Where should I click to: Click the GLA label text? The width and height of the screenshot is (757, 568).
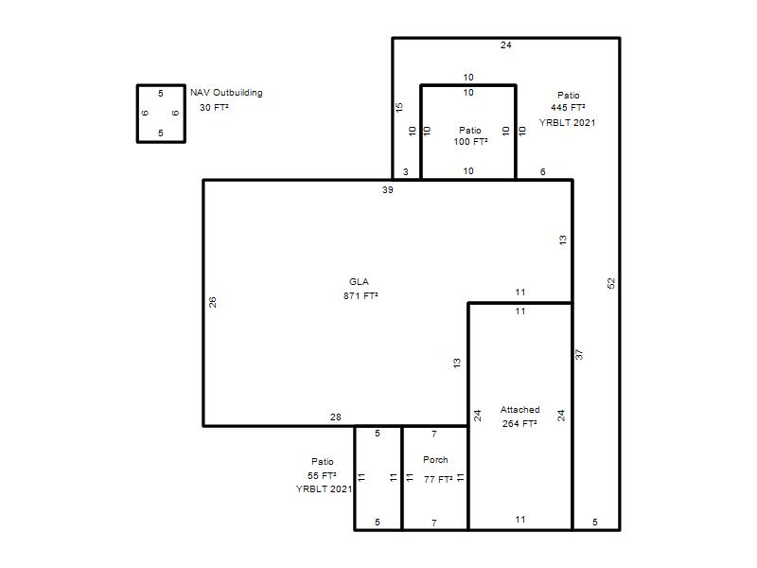click(359, 281)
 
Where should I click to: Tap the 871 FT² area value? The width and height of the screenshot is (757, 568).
click(361, 295)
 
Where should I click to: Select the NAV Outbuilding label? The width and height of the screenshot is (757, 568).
click(226, 92)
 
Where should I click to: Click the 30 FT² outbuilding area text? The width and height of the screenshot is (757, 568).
click(214, 107)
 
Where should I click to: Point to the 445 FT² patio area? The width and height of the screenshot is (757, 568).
click(569, 107)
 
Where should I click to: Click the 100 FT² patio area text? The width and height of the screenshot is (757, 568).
click(470, 141)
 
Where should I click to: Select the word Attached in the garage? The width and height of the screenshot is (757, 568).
click(519, 410)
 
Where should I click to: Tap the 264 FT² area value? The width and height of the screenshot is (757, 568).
click(519, 423)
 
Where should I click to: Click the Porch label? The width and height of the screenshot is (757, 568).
click(435, 460)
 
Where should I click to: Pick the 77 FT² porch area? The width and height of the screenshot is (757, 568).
click(438, 479)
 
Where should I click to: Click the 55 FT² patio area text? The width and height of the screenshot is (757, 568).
click(322, 476)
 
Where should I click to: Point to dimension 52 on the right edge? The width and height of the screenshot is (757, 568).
click(611, 283)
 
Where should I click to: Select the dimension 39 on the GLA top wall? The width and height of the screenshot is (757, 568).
click(388, 190)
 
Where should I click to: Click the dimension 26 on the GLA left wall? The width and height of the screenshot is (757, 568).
click(212, 302)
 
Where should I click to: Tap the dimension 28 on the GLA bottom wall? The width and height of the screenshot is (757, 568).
click(336, 417)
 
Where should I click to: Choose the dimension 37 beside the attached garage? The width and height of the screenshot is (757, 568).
click(579, 354)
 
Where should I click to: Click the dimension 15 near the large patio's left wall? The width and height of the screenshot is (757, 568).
click(398, 107)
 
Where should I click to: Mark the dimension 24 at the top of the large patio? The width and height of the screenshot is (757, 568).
click(506, 44)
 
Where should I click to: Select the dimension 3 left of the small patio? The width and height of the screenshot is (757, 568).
click(406, 171)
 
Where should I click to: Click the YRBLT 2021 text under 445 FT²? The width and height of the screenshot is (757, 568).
click(567, 123)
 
